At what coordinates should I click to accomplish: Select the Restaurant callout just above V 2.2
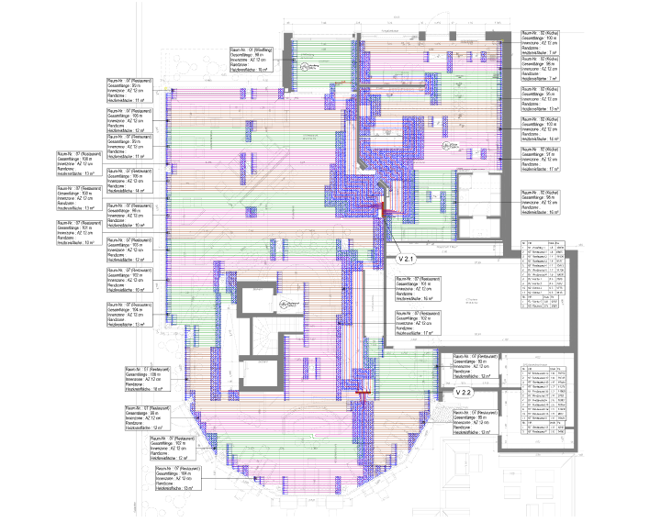click(x=469, y=364)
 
